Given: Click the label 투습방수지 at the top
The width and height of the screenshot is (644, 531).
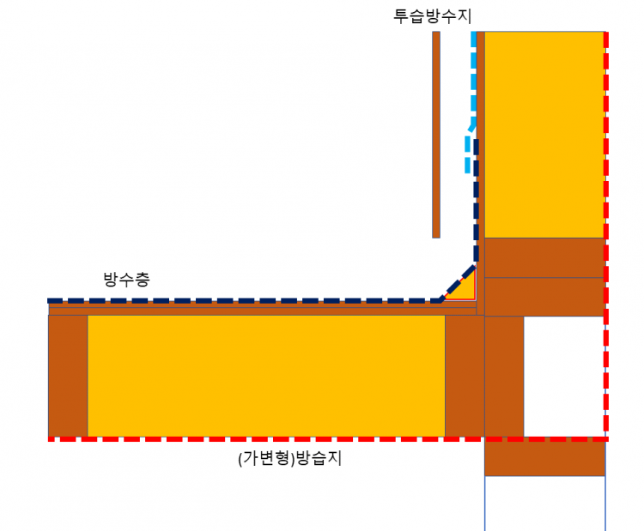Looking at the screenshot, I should pyautogui.click(x=433, y=15).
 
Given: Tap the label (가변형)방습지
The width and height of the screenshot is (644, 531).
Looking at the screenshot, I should pyautogui.click(x=290, y=458).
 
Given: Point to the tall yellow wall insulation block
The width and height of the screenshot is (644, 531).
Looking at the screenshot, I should pyautogui.click(x=544, y=134).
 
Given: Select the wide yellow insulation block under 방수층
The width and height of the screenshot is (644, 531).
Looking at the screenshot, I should pyautogui.click(x=266, y=376).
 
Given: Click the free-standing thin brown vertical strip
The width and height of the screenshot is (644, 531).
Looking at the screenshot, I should pyautogui.click(x=436, y=134).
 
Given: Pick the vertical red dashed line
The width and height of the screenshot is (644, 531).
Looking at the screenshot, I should pyautogui.click(x=606, y=232).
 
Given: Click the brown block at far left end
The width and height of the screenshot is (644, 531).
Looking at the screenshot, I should pyautogui.click(x=68, y=376).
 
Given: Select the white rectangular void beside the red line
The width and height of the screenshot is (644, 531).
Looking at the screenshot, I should pyautogui.click(x=563, y=376).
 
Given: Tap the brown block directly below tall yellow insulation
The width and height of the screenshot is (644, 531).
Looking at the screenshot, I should pyautogui.click(x=544, y=257).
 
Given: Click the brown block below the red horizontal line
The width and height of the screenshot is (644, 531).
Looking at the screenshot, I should pyautogui.click(x=544, y=459).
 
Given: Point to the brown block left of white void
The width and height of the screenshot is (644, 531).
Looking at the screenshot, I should pyautogui.click(x=504, y=376).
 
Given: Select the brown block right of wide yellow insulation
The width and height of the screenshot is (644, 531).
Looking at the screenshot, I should pyautogui.click(x=465, y=376).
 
